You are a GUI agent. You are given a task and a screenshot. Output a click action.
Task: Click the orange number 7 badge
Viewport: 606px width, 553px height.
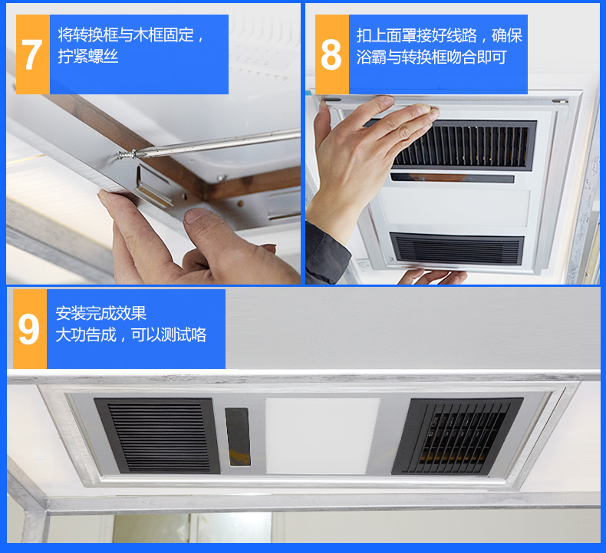(x=32, y=54)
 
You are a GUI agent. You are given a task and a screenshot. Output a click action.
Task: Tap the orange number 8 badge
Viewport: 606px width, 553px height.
(x=331, y=54)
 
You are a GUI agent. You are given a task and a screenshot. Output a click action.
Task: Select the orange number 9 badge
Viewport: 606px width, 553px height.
(x=29, y=329)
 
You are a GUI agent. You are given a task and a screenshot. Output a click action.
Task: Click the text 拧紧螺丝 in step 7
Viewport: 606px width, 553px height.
(x=88, y=57)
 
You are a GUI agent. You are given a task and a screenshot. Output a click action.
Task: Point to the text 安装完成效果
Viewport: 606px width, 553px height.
(x=100, y=313)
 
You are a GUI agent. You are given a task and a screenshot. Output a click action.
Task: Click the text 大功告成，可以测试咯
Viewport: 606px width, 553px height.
(x=130, y=335)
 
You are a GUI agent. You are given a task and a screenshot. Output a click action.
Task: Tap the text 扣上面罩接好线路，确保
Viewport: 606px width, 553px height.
(x=440, y=35)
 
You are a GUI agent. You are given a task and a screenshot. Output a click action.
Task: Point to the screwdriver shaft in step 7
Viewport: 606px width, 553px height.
(x=215, y=143)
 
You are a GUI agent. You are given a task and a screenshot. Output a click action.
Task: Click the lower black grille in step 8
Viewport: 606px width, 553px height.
(x=457, y=249)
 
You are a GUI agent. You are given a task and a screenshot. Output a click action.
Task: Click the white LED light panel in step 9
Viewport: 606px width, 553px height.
(x=322, y=433)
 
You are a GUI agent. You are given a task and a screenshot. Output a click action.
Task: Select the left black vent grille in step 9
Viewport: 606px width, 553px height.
(x=157, y=434)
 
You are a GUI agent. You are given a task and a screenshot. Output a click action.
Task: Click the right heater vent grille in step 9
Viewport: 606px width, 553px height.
(x=456, y=434)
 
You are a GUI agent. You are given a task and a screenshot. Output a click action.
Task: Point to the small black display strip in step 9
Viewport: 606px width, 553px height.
(x=237, y=434)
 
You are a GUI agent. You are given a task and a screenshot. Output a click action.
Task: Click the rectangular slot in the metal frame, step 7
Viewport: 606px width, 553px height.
(x=153, y=184)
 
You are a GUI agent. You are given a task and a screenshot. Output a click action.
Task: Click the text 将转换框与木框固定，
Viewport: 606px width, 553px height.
(x=131, y=35)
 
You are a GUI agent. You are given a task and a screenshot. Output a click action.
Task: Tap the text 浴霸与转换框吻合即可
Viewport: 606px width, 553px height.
(x=431, y=58)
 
